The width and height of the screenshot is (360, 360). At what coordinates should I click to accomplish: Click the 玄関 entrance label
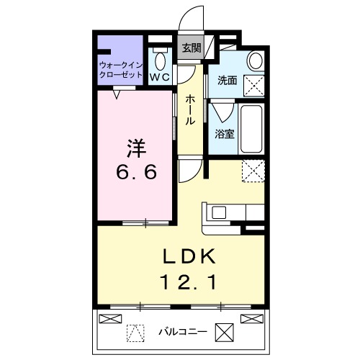coord(191,48)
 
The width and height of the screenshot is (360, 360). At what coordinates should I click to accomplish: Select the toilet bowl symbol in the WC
coord(159,57)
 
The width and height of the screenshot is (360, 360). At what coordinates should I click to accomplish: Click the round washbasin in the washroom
coord(254,60)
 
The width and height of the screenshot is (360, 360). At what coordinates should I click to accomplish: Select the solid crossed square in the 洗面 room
coord(255,85)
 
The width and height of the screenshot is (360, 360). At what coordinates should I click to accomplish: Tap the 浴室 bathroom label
coord(224,133)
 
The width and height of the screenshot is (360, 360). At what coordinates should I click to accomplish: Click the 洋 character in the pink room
coord(136,149)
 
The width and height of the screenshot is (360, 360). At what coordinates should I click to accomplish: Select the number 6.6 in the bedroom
coord(136,173)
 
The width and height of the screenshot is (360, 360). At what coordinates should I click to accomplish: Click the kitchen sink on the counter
coord(219,213)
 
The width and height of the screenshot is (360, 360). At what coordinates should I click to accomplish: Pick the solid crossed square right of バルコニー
coord(225,332)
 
